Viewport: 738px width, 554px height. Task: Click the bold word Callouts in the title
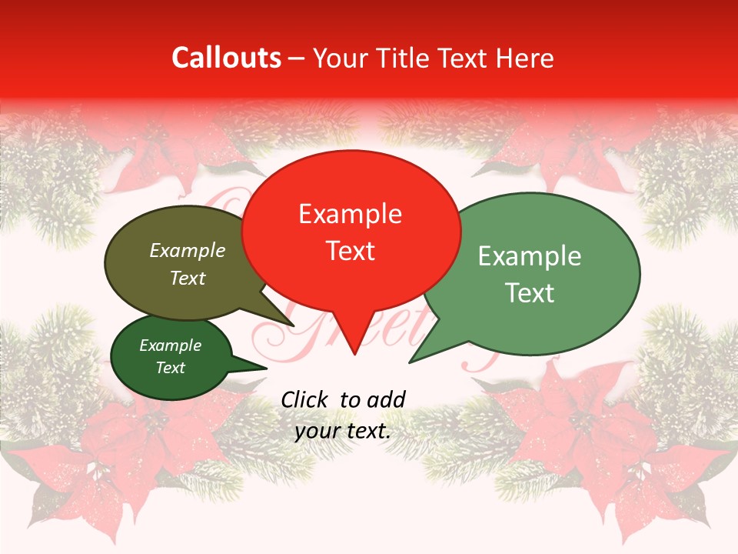(226, 58)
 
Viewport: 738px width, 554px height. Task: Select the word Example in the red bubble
(350, 214)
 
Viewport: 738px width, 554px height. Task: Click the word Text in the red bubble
(351, 251)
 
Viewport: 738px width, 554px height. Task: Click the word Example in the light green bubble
(530, 256)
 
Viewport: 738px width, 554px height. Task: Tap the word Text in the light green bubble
(530, 293)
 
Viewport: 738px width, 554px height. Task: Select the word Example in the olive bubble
(188, 250)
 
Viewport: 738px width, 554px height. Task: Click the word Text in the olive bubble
(188, 278)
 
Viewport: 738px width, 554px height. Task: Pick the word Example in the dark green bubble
(171, 345)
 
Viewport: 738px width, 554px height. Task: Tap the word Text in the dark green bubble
(171, 368)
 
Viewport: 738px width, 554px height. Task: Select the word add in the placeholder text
(387, 399)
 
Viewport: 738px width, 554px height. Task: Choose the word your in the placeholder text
(316, 431)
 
